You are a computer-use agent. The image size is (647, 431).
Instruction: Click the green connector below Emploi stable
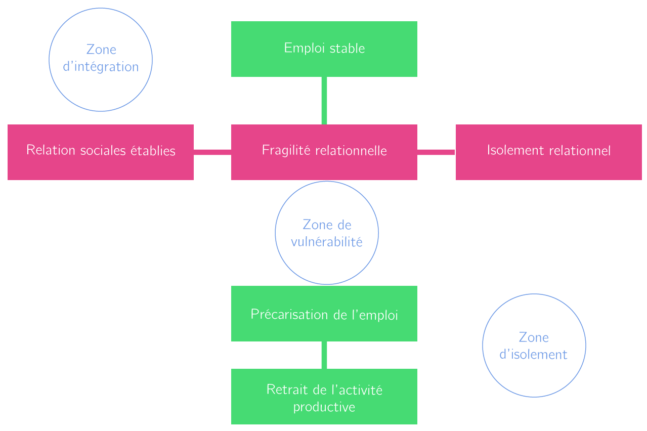point(324,100)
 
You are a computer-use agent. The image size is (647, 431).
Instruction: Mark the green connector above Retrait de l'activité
point(324,355)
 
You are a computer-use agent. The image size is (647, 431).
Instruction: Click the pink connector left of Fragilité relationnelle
point(212,152)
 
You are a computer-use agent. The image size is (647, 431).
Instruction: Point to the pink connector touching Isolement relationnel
point(436,152)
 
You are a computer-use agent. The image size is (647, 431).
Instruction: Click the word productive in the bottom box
point(324,407)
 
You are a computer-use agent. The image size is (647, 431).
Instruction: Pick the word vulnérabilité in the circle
point(326,242)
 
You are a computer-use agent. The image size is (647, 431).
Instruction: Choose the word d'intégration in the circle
point(100,67)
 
